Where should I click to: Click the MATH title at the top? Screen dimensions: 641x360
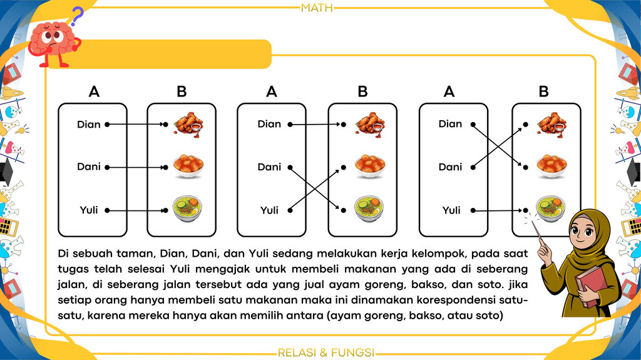pyautogui.click(x=317, y=8)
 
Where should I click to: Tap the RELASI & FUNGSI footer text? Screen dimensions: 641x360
pyautogui.click(x=326, y=352)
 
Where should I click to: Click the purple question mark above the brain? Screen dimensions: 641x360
pyautogui.click(x=77, y=16)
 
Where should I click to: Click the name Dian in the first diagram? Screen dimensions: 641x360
pyautogui.click(x=89, y=125)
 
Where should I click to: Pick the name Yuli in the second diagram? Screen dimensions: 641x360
pyautogui.click(x=269, y=210)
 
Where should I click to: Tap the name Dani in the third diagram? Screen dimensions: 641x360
pyautogui.click(x=450, y=167)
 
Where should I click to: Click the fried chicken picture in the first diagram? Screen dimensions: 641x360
pyautogui.click(x=188, y=123)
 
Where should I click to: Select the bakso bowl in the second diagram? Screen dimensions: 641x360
pyautogui.click(x=370, y=166)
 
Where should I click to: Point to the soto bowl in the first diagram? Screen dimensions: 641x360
pyautogui.click(x=188, y=208)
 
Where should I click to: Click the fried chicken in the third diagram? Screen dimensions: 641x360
pyautogui.click(x=552, y=123)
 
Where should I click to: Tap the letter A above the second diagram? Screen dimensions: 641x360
pyautogui.click(x=272, y=91)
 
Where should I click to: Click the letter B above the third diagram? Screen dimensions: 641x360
pyautogui.click(x=543, y=91)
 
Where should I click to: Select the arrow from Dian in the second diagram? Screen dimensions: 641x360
pyautogui.click(x=317, y=125)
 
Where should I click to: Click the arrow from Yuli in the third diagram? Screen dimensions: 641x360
pyautogui.click(x=499, y=210)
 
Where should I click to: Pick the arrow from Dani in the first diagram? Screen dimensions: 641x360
pyautogui.click(x=136, y=167)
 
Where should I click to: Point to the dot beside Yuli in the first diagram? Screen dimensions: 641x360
pyautogui.click(x=107, y=210)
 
